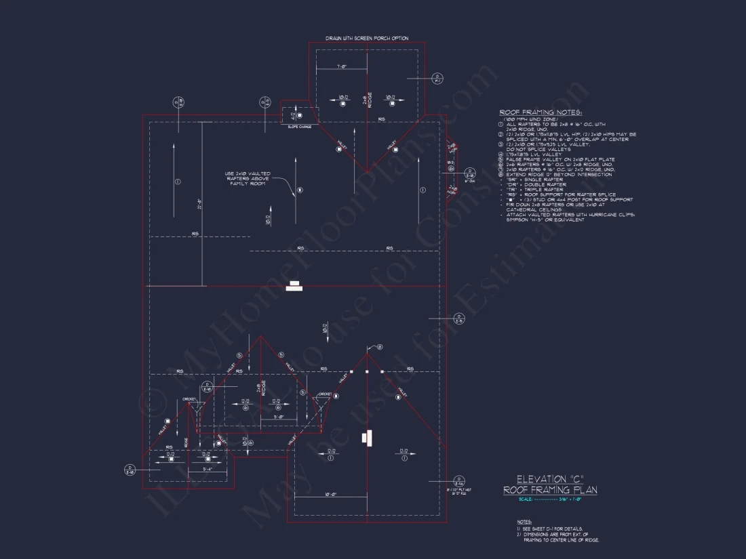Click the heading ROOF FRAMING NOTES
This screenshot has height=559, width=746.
pos(541,112)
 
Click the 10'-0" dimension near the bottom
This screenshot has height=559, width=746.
pos(330,495)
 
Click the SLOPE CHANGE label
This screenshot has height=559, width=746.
pos(299,127)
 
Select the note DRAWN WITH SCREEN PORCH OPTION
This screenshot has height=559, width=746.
pos(367,38)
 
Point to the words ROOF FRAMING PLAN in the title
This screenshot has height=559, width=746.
pos(550,490)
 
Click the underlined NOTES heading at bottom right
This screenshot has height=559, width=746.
pos(524,522)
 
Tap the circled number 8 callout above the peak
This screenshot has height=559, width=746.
pos(379,347)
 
